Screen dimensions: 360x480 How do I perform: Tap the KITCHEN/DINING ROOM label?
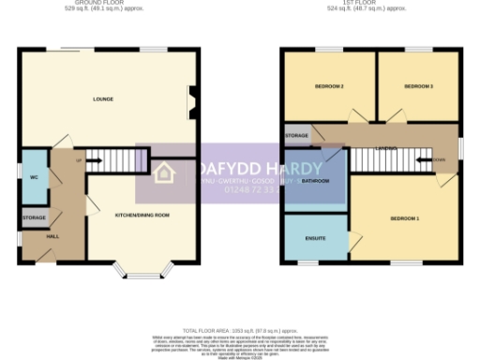click(142, 216)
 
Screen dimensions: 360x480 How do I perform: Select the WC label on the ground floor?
click(33, 176)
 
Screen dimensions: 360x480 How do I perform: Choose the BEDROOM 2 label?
click(328, 87)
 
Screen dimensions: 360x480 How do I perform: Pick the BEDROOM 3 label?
click(418, 87)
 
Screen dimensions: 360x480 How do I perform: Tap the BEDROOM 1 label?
click(404, 218)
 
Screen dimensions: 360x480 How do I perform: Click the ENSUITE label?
click(315, 238)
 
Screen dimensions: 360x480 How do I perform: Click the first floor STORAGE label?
click(297, 137)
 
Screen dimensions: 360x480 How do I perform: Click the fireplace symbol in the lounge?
click(193, 102)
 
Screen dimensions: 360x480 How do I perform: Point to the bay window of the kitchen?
click(142, 274)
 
